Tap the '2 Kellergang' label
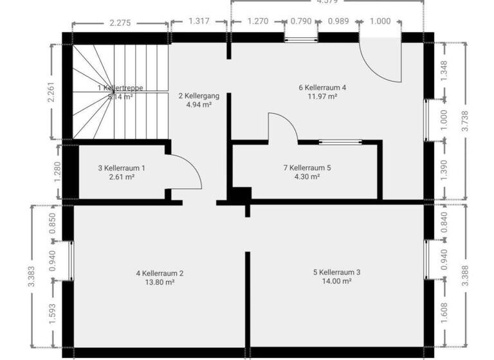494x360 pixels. click(x=199, y=96)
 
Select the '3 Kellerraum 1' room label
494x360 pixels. click(x=121, y=168)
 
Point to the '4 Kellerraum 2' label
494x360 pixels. click(x=160, y=273)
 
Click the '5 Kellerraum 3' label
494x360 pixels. click(x=336, y=272)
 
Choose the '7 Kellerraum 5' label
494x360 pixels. click(x=307, y=168)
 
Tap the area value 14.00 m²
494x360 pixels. click(x=336, y=282)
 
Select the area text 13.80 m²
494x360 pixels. click(x=160, y=282)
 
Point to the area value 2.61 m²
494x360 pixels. click(x=121, y=177)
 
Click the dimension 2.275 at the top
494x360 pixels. click(x=120, y=22)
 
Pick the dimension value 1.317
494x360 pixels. click(x=199, y=21)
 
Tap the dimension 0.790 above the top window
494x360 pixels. click(x=300, y=21)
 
